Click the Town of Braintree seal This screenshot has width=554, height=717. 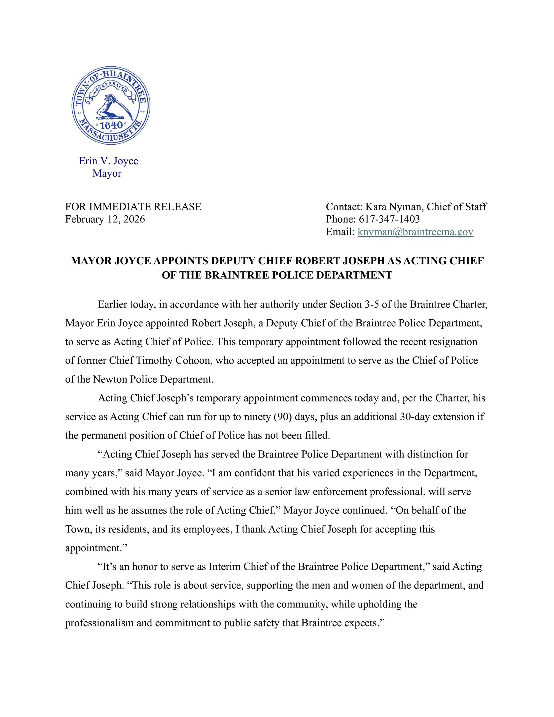[x=111, y=105]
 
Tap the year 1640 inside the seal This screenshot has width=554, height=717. [x=111, y=125]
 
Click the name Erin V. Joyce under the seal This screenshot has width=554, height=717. [x=108, y=161]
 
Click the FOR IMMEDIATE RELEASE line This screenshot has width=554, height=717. [x=133, y=207]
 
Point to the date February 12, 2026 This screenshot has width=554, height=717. [x=105, y=219]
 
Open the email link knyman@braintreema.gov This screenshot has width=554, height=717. [x=415, y=232]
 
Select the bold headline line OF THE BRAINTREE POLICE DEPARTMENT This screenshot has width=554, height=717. [x=277, y=275]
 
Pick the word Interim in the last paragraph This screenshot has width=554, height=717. [x=223, y=567]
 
